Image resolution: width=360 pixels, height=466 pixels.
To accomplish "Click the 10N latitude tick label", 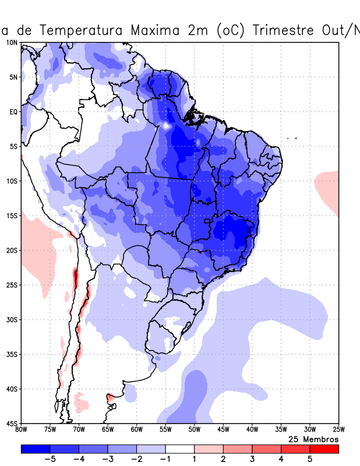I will click(12, 43).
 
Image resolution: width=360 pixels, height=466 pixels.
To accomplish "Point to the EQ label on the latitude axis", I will click(13, 112).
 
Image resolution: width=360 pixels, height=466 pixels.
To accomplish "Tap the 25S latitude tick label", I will click(12, 285).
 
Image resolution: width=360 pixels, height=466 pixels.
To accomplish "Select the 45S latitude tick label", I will click(12, 423).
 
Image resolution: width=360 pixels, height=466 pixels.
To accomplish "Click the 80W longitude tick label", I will click(21, 430).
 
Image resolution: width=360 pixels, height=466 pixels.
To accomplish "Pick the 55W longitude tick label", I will click(165, 430).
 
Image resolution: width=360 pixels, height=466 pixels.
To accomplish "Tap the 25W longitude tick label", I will click(338, 430).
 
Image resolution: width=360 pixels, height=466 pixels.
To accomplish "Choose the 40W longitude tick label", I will click(252, 430).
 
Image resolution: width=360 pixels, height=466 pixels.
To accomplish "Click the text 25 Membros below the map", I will click(313, 439).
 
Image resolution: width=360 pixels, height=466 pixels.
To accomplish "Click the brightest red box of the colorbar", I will click(324, 449).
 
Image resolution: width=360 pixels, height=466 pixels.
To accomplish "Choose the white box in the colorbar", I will click(180, 449).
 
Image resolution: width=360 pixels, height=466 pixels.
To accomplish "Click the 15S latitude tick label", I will click(12, 216).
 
